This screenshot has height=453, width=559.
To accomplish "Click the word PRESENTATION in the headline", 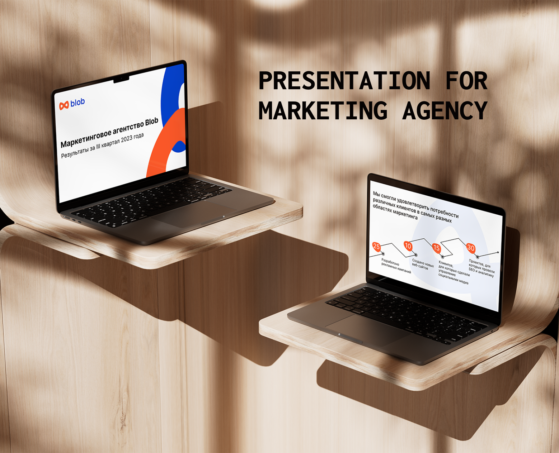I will pyautogui.click(x=344, y=81).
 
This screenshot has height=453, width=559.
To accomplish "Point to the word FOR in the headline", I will pyautogui.click(x=466, y=81).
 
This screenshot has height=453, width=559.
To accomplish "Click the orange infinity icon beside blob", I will pyautogui.click(x=64, y=105).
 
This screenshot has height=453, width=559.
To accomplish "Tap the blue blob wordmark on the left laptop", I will pyautogui.click(x=77, y=103).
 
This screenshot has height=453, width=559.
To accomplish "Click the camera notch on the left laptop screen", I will pyautogui.click(x=122, y=79).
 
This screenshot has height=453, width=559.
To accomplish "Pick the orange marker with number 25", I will pyautogui.click(x=376, y=246).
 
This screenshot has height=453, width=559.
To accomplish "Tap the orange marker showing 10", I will pyautogui.click(x=408, y=246).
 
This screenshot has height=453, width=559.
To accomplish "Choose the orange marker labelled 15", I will pyautogui.click(x=436, y=248).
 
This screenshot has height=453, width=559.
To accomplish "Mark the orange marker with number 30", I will pyautogui.click(x=471, y=248).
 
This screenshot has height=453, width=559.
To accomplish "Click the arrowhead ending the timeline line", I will pyautogui.click(x=498, y=253).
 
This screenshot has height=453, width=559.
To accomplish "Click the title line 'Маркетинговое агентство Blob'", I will pyautogui.click(x=109, y=133).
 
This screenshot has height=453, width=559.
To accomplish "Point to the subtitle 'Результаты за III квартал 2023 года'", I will pyautogui.click(x=102, y=146).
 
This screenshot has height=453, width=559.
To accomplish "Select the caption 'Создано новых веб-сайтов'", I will pyautogui.click(x=423, y=264).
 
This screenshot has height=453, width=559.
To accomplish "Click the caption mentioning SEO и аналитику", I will pyautogui.click(x=482, y=269).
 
